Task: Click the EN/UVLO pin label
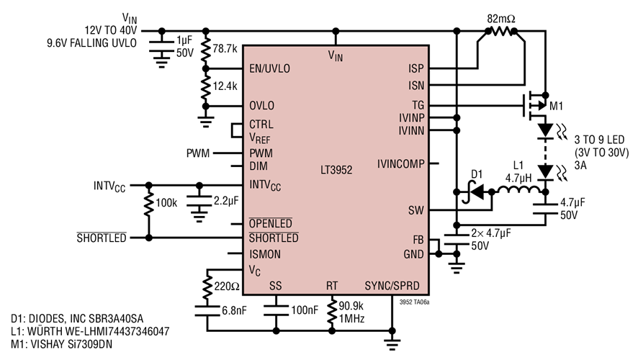click(x=270, y=69)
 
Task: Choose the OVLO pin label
click(x=262, y=106)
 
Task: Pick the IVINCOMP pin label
click(x=400, y=164)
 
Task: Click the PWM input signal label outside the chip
click(x=197, y=153)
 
